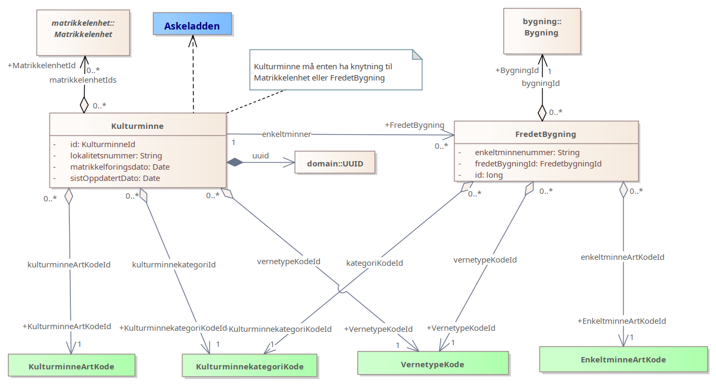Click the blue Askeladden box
click(x=192, y=26)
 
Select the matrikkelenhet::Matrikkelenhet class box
click(x=83, y=33)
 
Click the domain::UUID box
click(x=335, y=163)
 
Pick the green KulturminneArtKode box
click(x=71, y=366)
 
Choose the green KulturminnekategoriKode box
click(x=250, y=366)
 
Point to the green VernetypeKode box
click(x=432, y=364)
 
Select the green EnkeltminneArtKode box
click(x=623, y=359)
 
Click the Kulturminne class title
click(x=137, y=126)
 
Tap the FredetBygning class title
click(x=546, y=134)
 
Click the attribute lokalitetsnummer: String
click(x=116, y=156)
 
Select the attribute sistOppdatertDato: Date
click(x=115, y=178)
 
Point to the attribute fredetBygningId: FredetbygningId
click(x=538, y=164)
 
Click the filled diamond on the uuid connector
click(x=235, y=162)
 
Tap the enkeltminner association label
click(x=287, y=134)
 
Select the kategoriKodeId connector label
click(x=375, y=263)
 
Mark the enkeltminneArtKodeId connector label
click(x=623, y=257)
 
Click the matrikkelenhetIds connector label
click(x=83, y=80)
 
